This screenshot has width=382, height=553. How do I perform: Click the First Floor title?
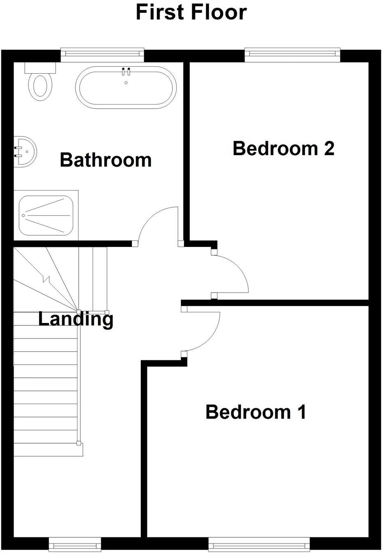[x=191, y=12]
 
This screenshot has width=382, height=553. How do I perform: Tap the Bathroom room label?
[x=106, y=160]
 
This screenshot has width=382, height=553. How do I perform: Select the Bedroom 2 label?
[x=283, y=148]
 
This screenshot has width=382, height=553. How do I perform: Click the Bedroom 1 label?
[x=256, y=411]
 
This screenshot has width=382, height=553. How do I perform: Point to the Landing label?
[x=76, y=319]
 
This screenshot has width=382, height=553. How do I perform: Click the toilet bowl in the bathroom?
[x=40, y=85]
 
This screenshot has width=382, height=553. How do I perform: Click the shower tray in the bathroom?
[x=46, y=215]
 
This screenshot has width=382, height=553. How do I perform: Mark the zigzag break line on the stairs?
[x=46, y=280]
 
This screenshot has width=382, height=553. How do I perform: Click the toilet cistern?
[x=40, y=67]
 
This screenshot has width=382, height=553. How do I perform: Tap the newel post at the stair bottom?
[x=78, y=444]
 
